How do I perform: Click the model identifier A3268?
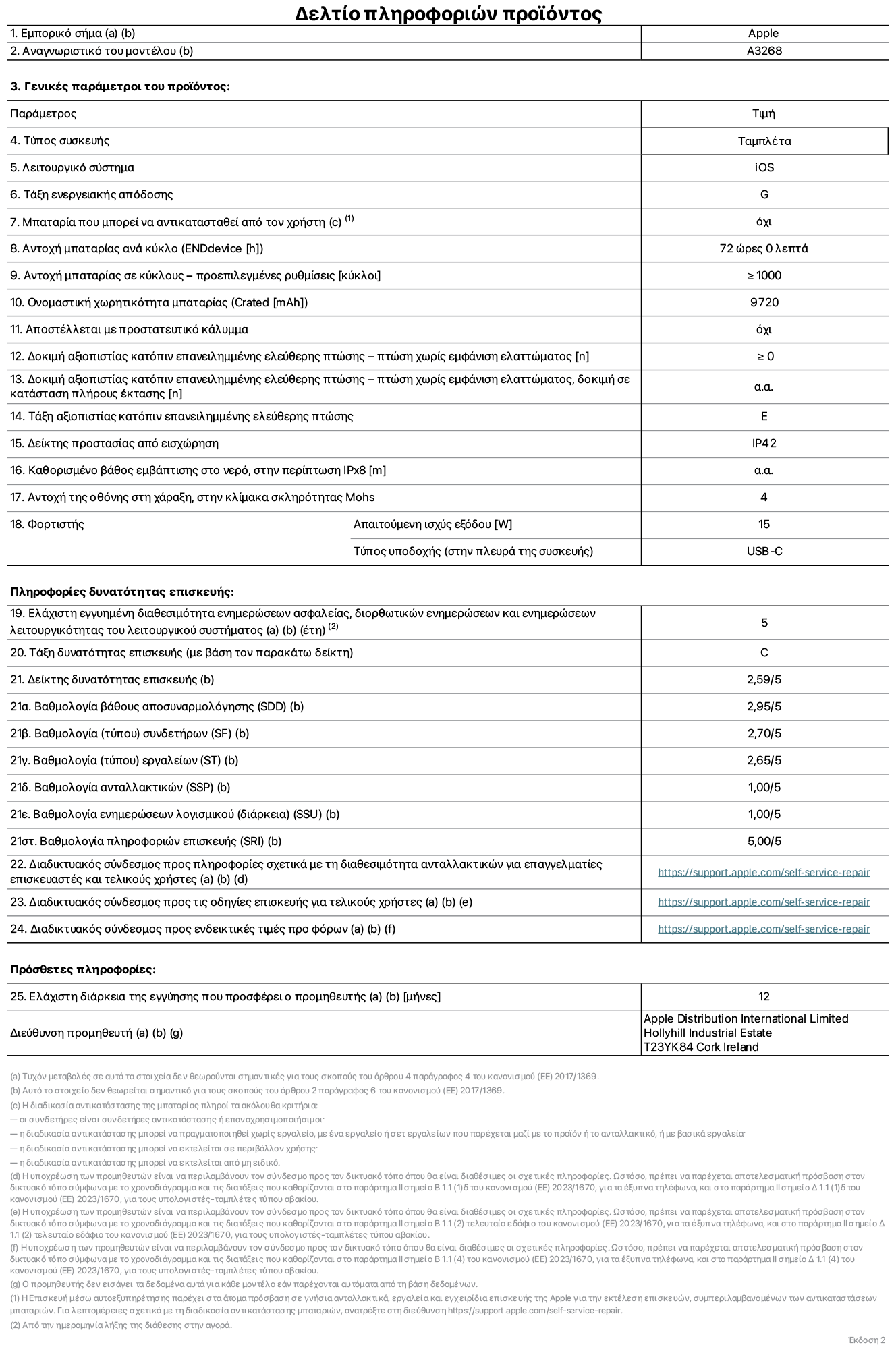coord(764,51)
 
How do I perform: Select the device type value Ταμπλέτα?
coord(764,141)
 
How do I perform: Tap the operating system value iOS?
coord(764,167)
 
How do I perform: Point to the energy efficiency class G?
coord(764,194)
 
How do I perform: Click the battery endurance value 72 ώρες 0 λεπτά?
coord(764,248)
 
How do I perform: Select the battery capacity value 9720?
coord(764,302)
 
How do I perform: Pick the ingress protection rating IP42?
coord(764,443)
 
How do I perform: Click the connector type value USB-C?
coord(764,551)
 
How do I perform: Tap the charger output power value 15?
coord(764,524)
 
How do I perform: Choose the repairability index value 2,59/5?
coord(764,679)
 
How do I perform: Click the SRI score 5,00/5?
coord(764,841)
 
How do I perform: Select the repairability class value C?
coord(764,652)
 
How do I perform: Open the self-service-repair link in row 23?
coord(764,902)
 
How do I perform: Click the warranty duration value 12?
coord(764,996)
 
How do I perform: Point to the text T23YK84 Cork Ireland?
coord(700,1047)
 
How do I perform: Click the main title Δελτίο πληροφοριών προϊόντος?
coord(448,13)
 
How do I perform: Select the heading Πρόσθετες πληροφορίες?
coord(82,969)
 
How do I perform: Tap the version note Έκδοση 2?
coord(866,1340)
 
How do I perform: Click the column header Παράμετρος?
coord(43,113)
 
